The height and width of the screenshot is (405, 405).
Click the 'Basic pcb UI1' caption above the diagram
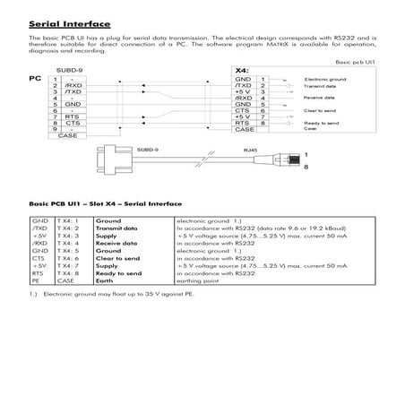(353, 62)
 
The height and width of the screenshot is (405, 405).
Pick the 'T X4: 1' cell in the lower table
(69, 220)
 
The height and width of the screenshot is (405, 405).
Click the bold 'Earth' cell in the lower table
(113, 282)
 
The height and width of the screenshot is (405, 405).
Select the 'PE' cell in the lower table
(35, 282)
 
